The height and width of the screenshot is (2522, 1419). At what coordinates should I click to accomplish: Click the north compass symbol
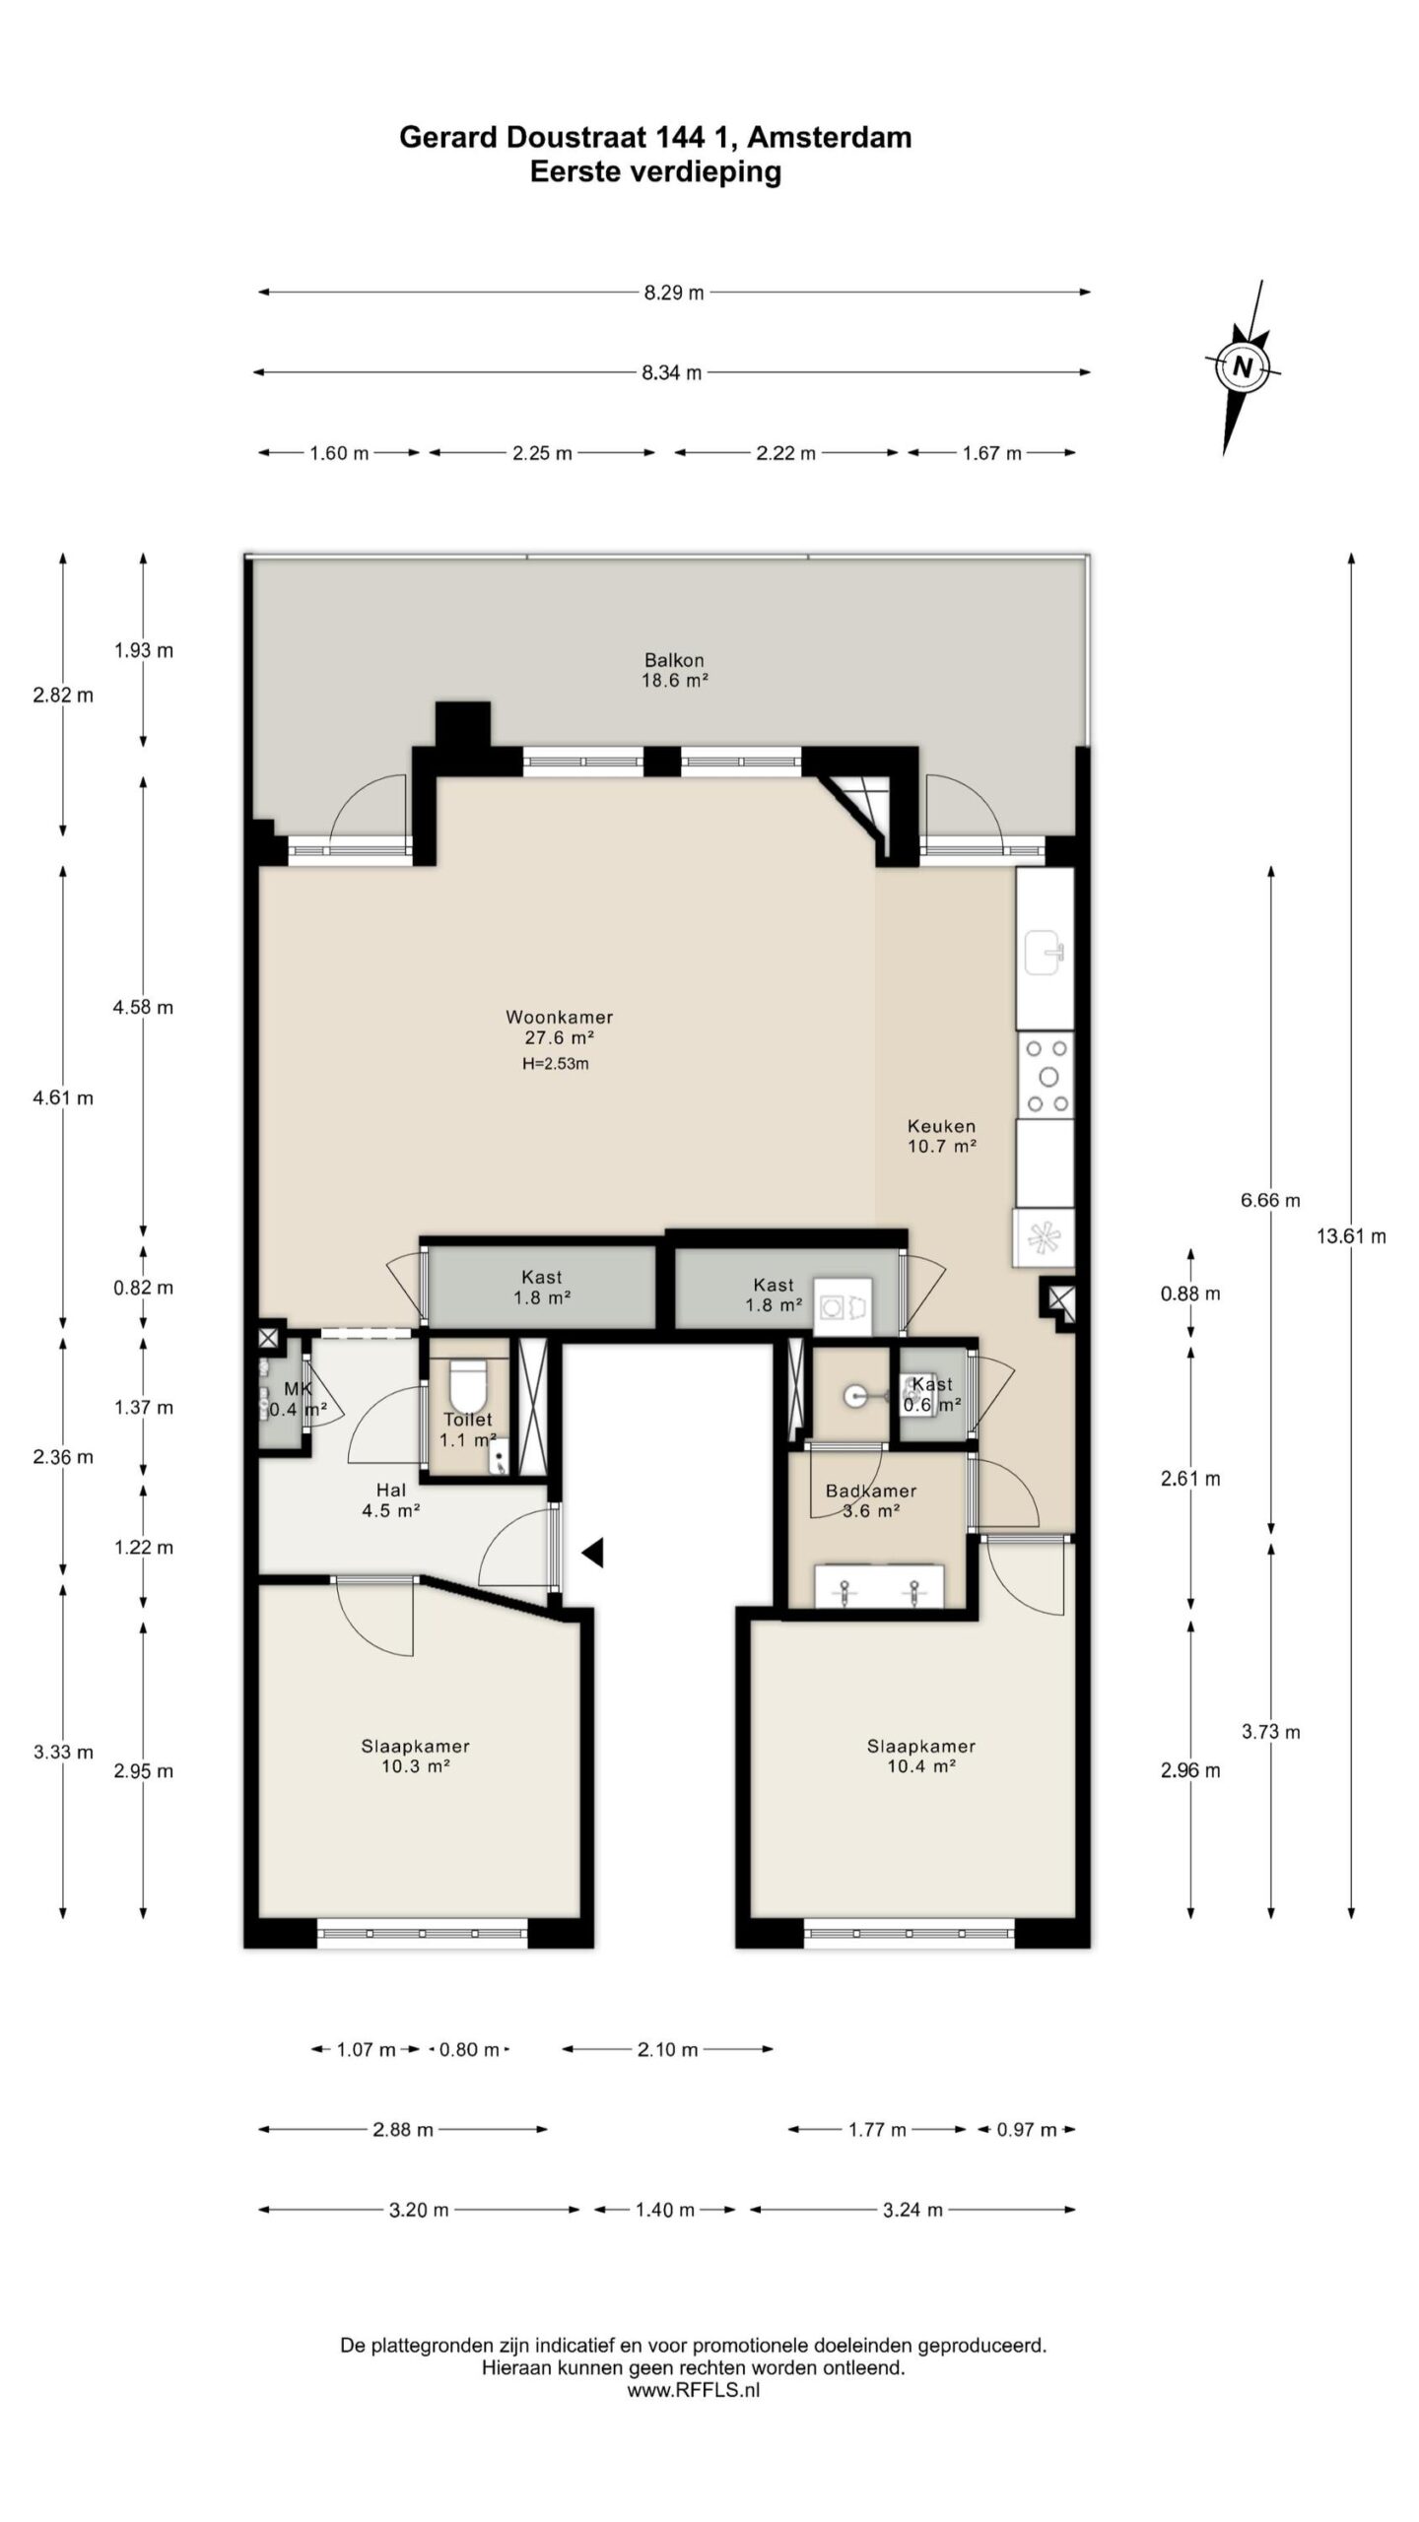(1242, 366)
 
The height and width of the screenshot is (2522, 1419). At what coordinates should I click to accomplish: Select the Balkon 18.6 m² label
(675, 670)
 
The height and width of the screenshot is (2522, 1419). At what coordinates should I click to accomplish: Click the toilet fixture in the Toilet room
(467, 1385)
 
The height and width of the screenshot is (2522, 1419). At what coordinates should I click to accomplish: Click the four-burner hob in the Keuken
(1046, 1075)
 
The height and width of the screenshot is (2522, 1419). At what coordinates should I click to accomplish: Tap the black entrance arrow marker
(591, 1553)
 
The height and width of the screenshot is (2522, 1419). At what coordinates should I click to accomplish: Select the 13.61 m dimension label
(1351, 1236)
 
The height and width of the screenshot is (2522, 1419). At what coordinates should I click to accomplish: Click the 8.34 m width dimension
(672, 372)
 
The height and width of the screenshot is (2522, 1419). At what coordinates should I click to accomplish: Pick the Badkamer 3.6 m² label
(871, 1500)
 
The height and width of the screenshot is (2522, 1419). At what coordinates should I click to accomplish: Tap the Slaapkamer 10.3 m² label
(415, 1756)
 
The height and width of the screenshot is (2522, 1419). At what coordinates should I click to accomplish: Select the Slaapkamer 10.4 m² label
(921, 1756)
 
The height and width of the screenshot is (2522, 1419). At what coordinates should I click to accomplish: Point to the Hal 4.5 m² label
(391, 1499)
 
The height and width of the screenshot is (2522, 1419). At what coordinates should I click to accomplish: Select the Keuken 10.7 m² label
(942, 1136)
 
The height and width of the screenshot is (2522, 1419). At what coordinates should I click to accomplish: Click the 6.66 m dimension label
(1270, 1200)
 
